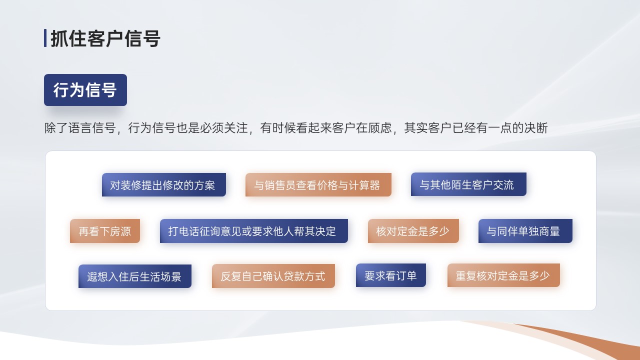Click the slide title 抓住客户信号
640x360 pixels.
tap(105, 38)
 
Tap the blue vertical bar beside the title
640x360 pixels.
tap(45, 38)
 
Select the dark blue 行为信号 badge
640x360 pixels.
tap(85, 90)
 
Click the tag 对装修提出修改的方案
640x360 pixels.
tap(164, 185)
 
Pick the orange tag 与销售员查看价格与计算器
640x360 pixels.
tap(318, 185)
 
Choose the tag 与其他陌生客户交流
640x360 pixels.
tap(468, 184)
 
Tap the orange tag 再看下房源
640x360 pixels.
tap(105, 231)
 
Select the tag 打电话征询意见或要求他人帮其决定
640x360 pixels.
tap(253, 231)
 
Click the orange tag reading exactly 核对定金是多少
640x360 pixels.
tap(413, 231)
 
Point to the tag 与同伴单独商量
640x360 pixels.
tap(525, 231)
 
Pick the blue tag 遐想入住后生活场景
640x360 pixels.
tap(135, 276)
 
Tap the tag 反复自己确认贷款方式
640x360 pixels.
tap(273, 276)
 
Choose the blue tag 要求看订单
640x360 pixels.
tap(391, 275)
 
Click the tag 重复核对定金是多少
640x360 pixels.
tap(503, 275)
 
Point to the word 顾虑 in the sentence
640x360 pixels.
tap(379, 127)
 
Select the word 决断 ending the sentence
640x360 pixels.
tap(536, 127)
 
